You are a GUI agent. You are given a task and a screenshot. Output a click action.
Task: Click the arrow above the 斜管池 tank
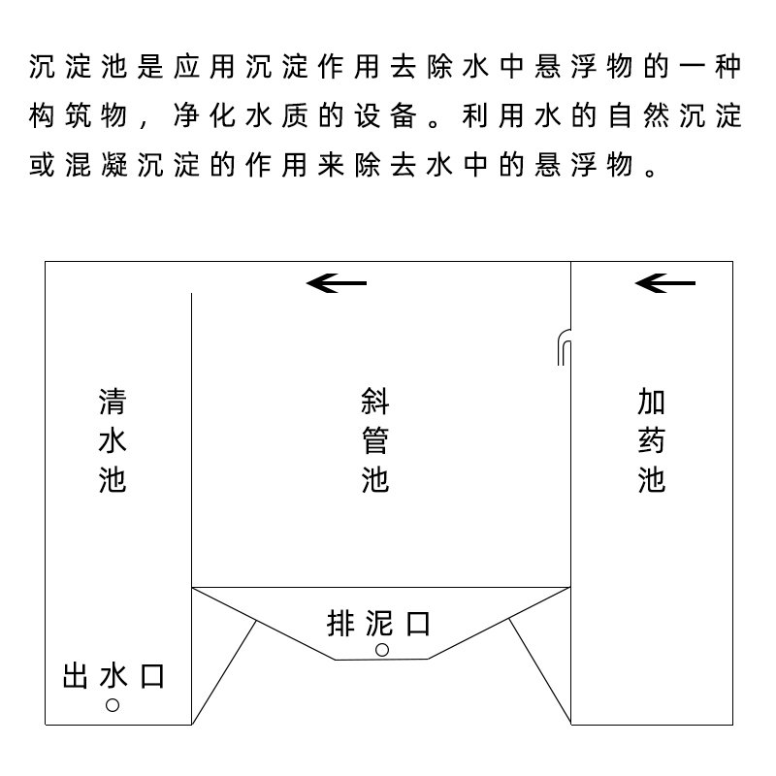tap(337, 283)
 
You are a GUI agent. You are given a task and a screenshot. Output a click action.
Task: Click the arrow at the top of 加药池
tap(665, 283)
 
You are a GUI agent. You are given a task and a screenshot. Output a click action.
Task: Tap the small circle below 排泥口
tap(382, 650)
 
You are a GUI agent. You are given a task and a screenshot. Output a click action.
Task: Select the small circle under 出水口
tap(113, 705)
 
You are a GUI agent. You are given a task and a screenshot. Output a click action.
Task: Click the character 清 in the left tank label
tap(113, 402)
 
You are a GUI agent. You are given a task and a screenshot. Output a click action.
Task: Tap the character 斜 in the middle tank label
tap(375, 402)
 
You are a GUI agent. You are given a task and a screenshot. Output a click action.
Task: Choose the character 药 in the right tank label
tap(651, 440)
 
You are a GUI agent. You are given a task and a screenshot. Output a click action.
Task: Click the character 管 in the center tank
tap(375, 440)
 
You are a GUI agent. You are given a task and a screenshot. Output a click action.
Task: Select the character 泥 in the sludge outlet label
tap(379, 624)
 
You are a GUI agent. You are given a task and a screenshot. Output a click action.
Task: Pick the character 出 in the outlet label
tap(76, 676)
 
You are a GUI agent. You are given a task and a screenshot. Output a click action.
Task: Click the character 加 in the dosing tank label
tap(651, 402)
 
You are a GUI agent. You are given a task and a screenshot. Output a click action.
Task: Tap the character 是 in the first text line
tap(150, 66)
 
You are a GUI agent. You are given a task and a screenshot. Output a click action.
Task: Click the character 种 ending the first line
tap(728, 66)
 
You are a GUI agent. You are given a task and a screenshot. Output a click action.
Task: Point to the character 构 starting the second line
tap(42, 115)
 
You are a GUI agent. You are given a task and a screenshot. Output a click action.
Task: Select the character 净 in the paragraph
tap(186, 115)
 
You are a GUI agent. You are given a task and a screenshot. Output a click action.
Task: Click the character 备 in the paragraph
tap(404, 115)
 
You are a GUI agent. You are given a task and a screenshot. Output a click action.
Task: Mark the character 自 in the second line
tap(620, 115)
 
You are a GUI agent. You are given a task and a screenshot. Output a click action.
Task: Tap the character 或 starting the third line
tap(42, 165)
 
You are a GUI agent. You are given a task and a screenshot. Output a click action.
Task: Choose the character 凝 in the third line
tap(114, 165)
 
